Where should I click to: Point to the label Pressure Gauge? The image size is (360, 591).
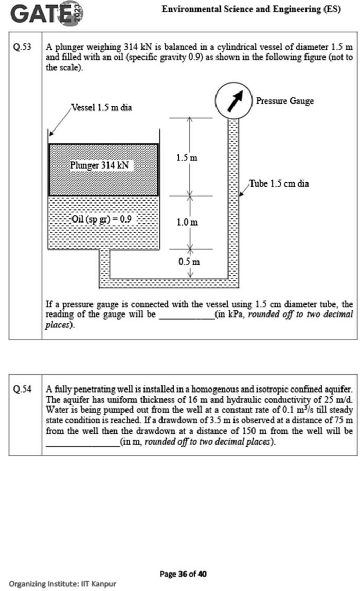coord(284,101)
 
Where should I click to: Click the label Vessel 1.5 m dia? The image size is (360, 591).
coord(101,108)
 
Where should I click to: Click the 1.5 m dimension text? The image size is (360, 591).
coord(187,158)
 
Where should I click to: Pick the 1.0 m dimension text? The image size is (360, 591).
coord(187,222)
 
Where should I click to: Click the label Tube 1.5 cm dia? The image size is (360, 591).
coord(279,183)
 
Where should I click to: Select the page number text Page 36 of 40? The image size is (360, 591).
coord(183,574)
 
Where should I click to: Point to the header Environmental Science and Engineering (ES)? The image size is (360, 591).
coord(250,9)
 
